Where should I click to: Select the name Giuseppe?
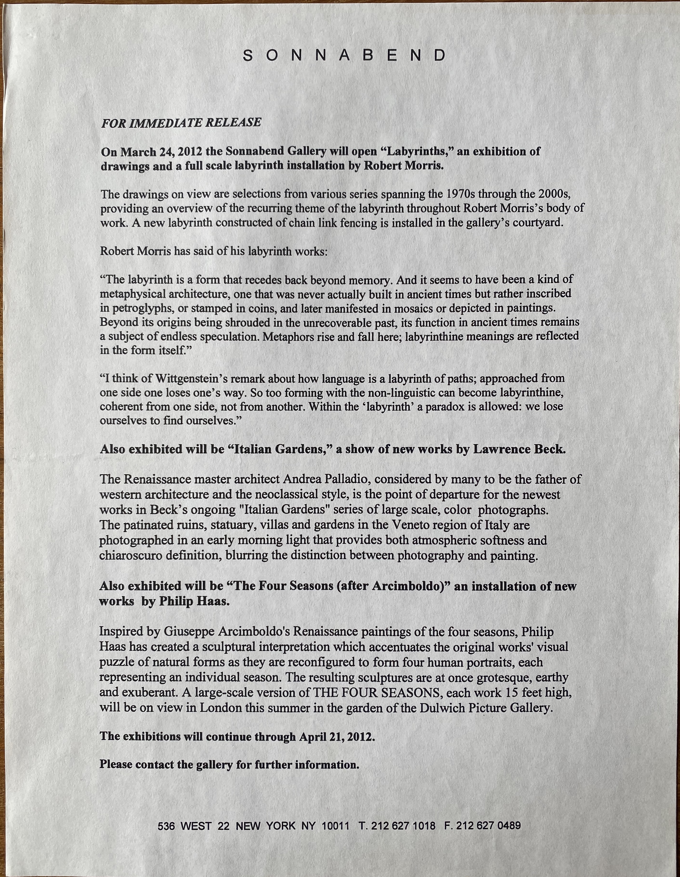tap(190, 632)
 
